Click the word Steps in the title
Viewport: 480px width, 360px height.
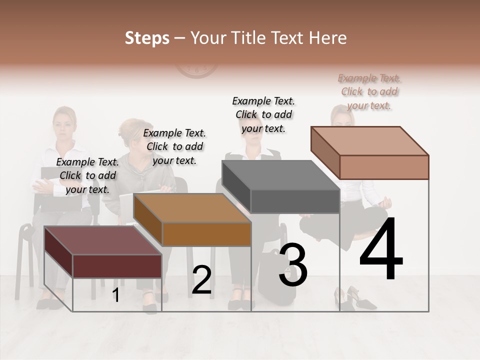[147, 38]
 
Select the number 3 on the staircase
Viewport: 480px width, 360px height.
[293, 265]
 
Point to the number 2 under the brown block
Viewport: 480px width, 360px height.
[201, 280]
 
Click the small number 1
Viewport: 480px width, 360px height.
[115, 295]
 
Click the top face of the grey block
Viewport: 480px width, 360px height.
[280, 175]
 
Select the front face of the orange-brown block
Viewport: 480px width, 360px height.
[206, 234]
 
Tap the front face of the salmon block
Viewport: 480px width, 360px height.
[384, 167]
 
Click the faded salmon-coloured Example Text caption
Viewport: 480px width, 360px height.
[369, 91]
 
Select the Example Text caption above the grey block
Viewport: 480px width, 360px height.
[263, 114]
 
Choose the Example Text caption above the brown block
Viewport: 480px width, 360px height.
[174, 146]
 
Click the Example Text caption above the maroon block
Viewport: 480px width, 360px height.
[87, 175]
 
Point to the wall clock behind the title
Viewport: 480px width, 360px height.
[196, 70]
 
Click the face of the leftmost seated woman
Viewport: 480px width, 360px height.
[64, 123]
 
